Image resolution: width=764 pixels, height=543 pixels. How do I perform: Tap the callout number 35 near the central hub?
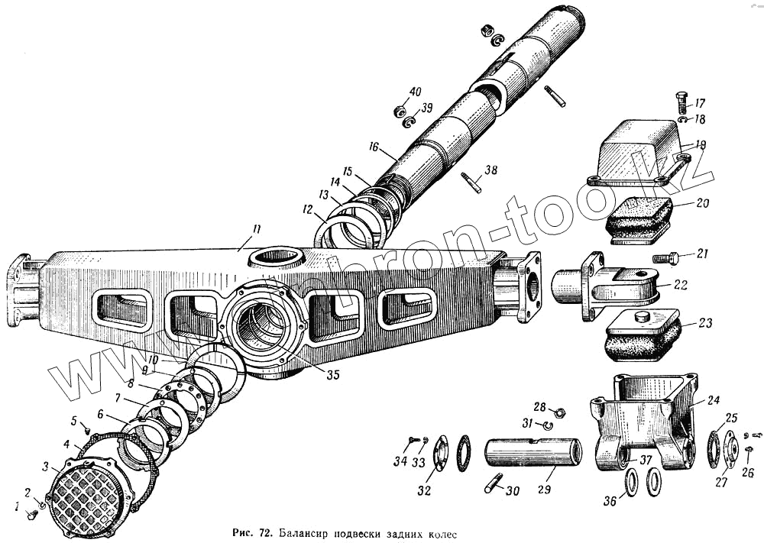click(x=332, y=374)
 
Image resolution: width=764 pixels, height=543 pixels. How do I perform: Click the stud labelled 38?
click(x=471, y=183)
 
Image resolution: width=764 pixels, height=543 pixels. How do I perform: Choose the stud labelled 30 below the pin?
click(x=494, y=483)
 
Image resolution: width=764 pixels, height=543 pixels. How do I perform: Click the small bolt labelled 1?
click(x=32, y=516)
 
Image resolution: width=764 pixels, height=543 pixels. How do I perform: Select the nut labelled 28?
click(x=558, y=413)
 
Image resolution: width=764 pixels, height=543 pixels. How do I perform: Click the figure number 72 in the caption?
click(x=263, y=532)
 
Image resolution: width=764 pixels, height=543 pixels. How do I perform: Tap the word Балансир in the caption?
click(x=303, y=532)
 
